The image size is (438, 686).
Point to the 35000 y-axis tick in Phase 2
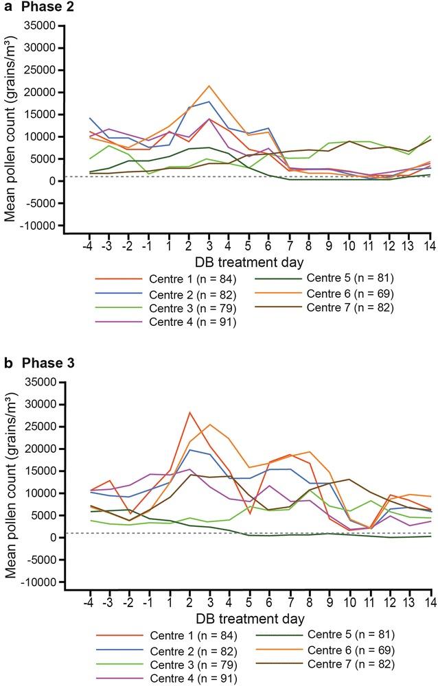[41, 26]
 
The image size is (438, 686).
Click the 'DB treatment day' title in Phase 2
[249, 262]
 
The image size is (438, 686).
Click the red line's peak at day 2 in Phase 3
[189, 412]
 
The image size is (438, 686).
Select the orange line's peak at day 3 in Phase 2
[209, 86]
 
